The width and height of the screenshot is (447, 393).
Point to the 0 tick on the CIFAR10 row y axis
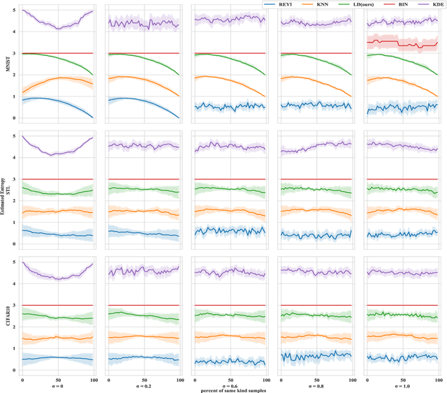(x=15, y=369)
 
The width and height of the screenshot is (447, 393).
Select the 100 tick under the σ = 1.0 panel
(x=437, y=378)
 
